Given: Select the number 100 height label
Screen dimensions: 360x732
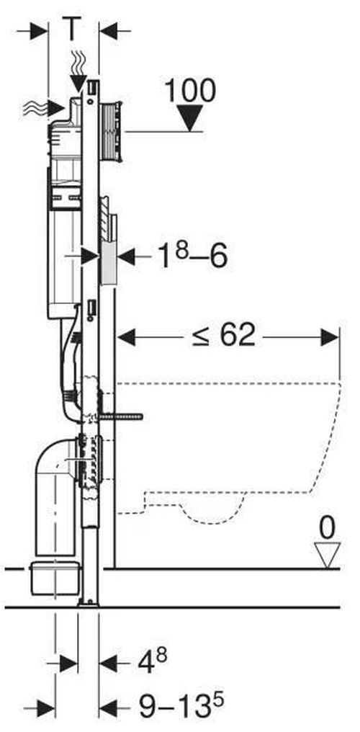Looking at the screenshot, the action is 190,91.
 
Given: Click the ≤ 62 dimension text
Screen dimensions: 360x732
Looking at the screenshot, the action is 225,336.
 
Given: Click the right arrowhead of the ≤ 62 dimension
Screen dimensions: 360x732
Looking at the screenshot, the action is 330,337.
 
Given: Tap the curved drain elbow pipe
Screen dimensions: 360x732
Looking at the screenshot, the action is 55,495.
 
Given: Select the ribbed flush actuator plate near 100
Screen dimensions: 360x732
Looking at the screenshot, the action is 112,131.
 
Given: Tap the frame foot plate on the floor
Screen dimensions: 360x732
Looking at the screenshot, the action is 89,604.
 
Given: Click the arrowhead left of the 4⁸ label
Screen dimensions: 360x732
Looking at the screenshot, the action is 109,663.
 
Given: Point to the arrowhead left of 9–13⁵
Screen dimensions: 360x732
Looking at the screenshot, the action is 109,708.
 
